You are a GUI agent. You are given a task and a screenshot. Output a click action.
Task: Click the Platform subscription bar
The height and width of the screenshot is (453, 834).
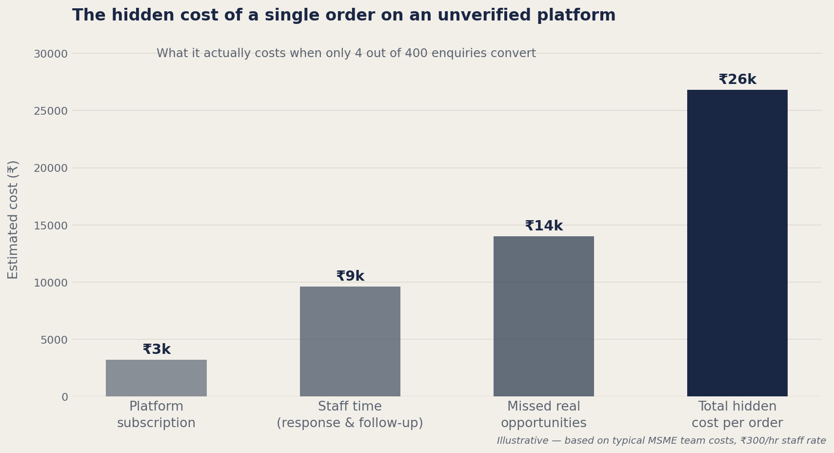(x=156, y=378)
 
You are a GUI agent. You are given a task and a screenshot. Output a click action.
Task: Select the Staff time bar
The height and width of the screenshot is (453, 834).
(x=350, y=341)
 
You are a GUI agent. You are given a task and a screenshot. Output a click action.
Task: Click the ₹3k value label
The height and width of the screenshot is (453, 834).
(x=157, y=350)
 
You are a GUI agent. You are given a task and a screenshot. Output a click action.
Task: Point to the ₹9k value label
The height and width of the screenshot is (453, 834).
(x=350, y=276)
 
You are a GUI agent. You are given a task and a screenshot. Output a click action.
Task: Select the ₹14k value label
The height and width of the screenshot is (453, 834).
(x=544, y=226)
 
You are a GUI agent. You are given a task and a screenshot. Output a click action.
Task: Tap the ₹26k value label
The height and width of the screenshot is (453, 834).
(x=737, y=80)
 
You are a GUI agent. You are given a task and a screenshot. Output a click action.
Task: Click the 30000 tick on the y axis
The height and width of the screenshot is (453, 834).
(x=50, y=54)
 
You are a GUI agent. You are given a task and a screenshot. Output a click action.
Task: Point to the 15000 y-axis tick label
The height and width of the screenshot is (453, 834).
(x=50, y=226)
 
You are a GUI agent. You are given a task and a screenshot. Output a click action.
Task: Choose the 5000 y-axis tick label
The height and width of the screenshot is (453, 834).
(x=54, y=340)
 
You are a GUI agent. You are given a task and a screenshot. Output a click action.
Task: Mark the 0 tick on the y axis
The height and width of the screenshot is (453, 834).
(x=64, y=397)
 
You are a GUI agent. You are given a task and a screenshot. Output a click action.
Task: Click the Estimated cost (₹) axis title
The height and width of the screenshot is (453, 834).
(x=13, y=220)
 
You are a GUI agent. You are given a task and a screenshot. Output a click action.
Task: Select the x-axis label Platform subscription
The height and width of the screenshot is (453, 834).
(x=156, y=415)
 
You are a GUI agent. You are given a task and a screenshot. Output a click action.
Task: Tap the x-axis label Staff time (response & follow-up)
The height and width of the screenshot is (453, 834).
(x=350, y=415)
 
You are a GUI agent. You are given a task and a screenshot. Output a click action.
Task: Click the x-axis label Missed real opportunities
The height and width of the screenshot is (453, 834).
(x=543, y=415)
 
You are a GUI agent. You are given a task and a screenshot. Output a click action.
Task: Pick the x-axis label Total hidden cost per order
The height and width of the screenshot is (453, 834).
(x=737, y=415)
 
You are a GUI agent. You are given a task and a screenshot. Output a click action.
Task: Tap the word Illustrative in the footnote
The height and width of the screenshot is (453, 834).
(x=522, y=441)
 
